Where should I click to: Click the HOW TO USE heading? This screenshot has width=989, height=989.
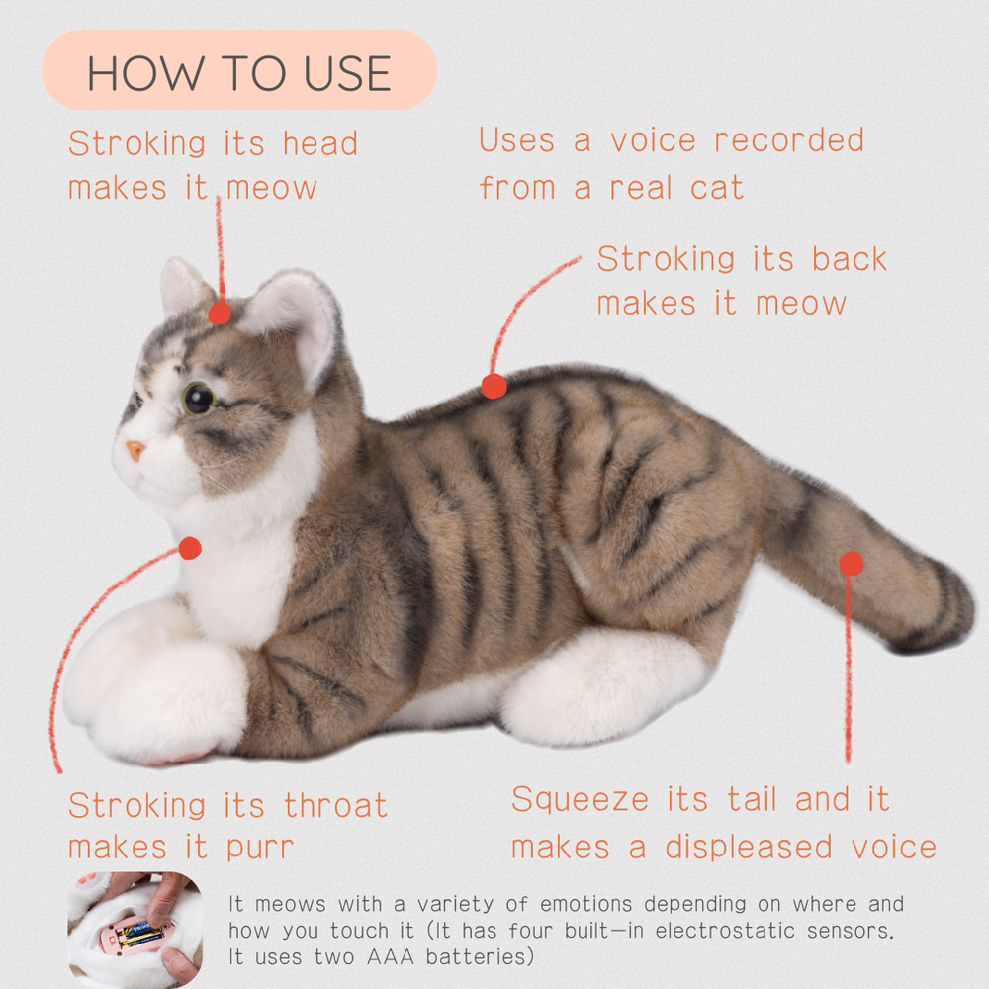[x=239, y=73]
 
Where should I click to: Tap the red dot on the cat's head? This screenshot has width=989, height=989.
[x=220, y=313]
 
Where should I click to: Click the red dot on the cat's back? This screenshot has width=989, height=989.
[x=494, y=386]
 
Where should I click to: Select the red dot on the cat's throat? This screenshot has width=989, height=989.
[x=190, y=548]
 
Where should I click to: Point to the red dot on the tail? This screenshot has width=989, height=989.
[x=851, y=564]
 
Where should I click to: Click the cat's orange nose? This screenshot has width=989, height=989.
[x=135, y=450]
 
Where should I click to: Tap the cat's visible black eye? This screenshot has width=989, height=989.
[x=199, y=399]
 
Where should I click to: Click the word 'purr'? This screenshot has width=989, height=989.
[x=260, y=849]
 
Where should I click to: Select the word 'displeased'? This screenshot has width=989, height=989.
[x=749, y=847]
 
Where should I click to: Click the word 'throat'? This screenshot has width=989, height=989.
[x=335, y=805]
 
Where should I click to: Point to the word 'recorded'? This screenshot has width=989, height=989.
[x=788, y=139]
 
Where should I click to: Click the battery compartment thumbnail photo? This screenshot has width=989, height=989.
[x=135, y=930]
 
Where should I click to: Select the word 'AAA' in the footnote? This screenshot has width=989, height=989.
[x=391, y=956]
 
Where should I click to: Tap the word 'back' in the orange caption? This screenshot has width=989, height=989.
[x=849, y=259]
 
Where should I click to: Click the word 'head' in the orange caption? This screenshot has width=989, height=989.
[x=320, y=143]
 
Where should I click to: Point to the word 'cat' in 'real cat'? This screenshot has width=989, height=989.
[x=716, y=188]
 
